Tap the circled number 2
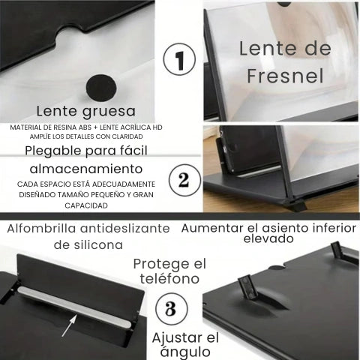(x=182, y=180)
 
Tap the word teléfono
(x=167, y=279)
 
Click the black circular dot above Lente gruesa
(x=103, y=86)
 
